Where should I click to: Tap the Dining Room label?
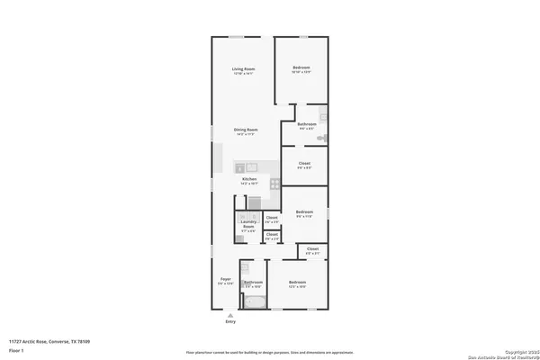243,130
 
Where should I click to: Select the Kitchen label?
249,179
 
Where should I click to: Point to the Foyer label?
225,279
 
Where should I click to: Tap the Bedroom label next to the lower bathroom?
299,283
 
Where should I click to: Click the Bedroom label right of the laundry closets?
304,212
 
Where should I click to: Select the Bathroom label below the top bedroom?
306,126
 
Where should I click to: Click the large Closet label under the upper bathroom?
304,164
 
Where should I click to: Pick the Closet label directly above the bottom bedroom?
312,248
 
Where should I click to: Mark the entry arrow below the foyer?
231,314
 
